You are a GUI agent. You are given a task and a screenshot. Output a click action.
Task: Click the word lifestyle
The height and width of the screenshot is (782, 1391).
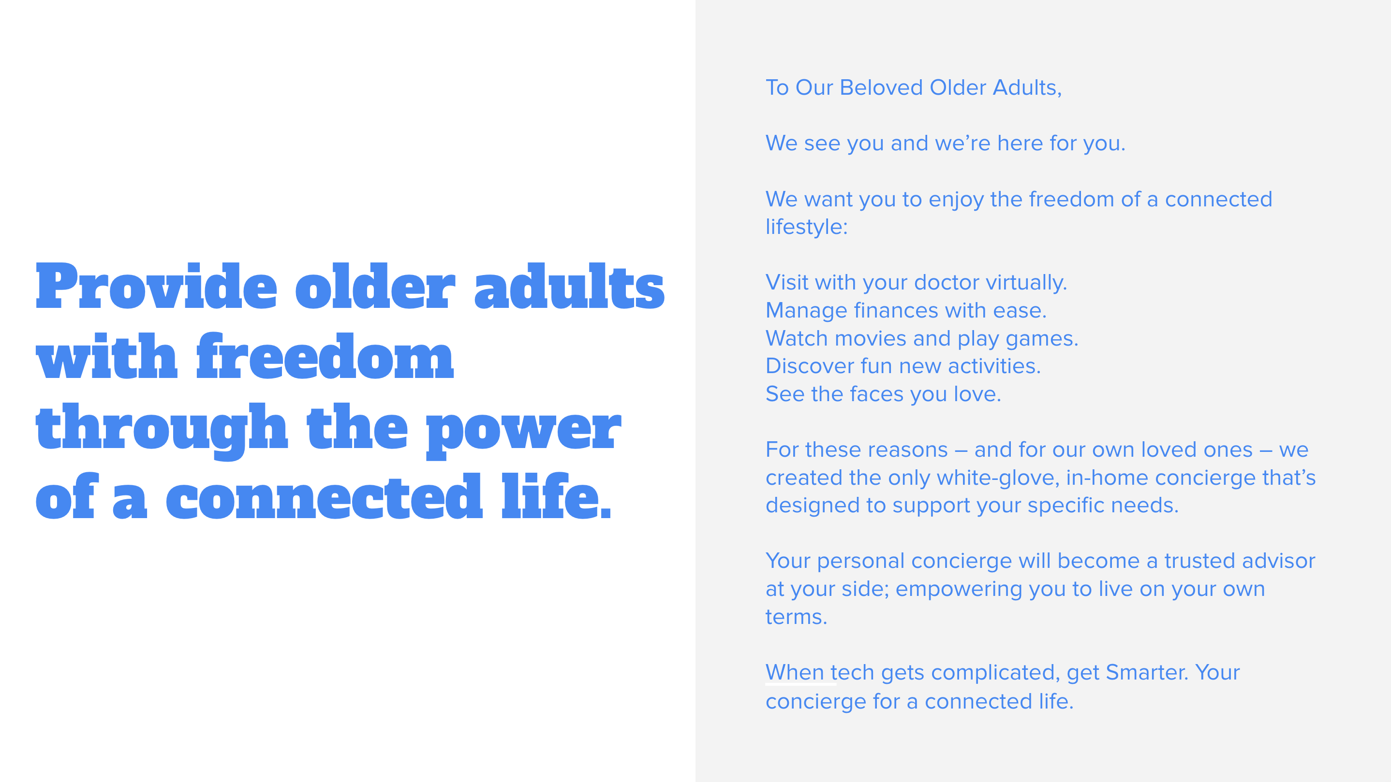[x=807, y=227]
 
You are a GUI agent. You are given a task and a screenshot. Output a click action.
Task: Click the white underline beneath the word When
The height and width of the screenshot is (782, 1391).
[x=801, y=684]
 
